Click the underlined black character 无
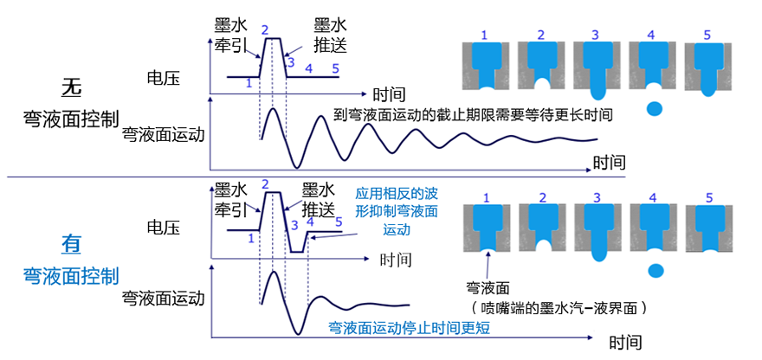[x=71, y=87]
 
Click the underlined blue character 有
[x=71, y=245]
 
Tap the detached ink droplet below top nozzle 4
[x=655, y=109]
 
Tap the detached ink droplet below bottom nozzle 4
[x=655, y=269]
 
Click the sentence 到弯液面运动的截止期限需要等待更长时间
[x=473, y=113]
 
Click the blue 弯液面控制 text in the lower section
[x=71, y=276]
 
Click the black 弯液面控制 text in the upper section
[x=71, y=119]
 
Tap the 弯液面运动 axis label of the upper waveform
[x=164, y=134]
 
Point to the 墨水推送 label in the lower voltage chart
[x=315, y=200]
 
